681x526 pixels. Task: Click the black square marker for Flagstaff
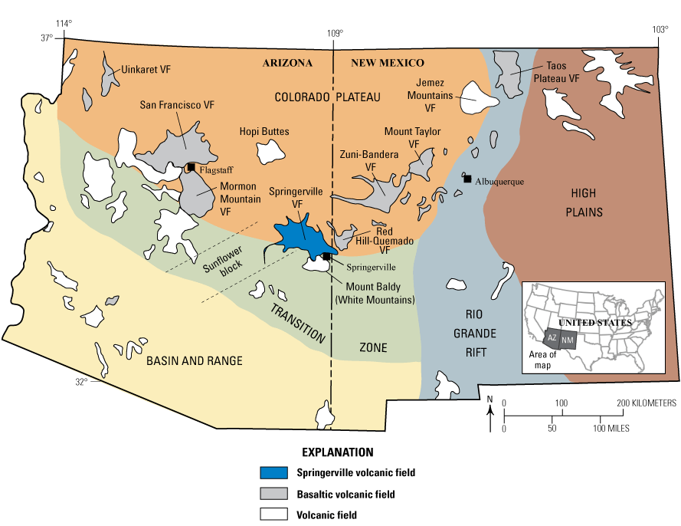tap(191, 167)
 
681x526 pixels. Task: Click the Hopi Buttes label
tap(264, 132)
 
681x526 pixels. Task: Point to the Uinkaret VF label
tap(146, 69)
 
